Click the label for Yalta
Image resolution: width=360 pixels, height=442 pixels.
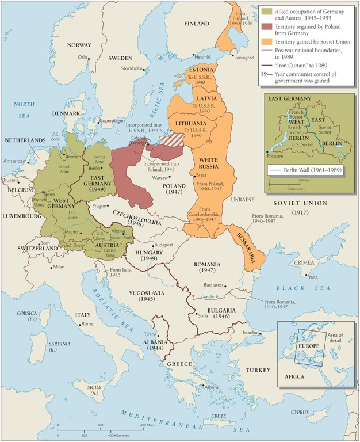pyautogui.click(x=313, y=276)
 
